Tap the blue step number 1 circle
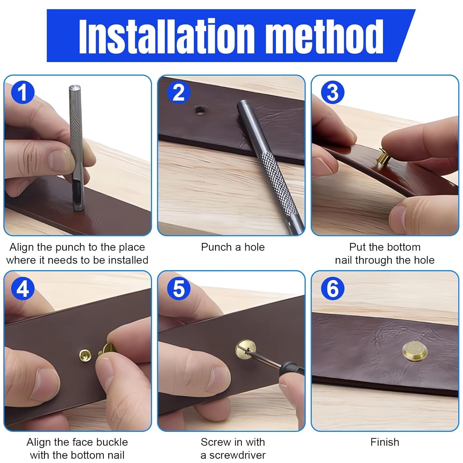[x=23, y=92]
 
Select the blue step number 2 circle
[x=178, y=92]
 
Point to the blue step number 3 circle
[x=332, y=92]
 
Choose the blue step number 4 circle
[x=23, y=289]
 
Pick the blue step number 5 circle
[x=178, y=289]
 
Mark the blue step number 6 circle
[x=332, y=289]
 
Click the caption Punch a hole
[x=233, y=247]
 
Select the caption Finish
[x=385, y=442]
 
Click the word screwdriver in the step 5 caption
[x=237, y=455]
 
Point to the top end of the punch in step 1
[x=74, y=87]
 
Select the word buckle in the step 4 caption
[x=112, y=442]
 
